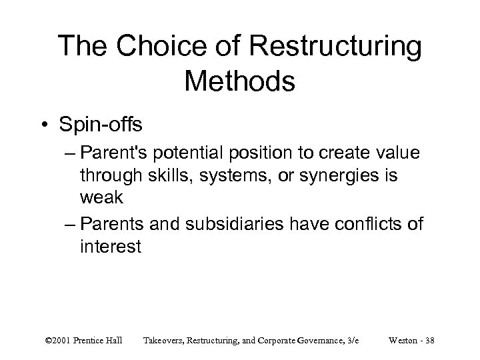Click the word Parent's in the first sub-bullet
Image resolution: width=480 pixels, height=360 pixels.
coord(117,153)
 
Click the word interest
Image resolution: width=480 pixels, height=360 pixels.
coord(110,247)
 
